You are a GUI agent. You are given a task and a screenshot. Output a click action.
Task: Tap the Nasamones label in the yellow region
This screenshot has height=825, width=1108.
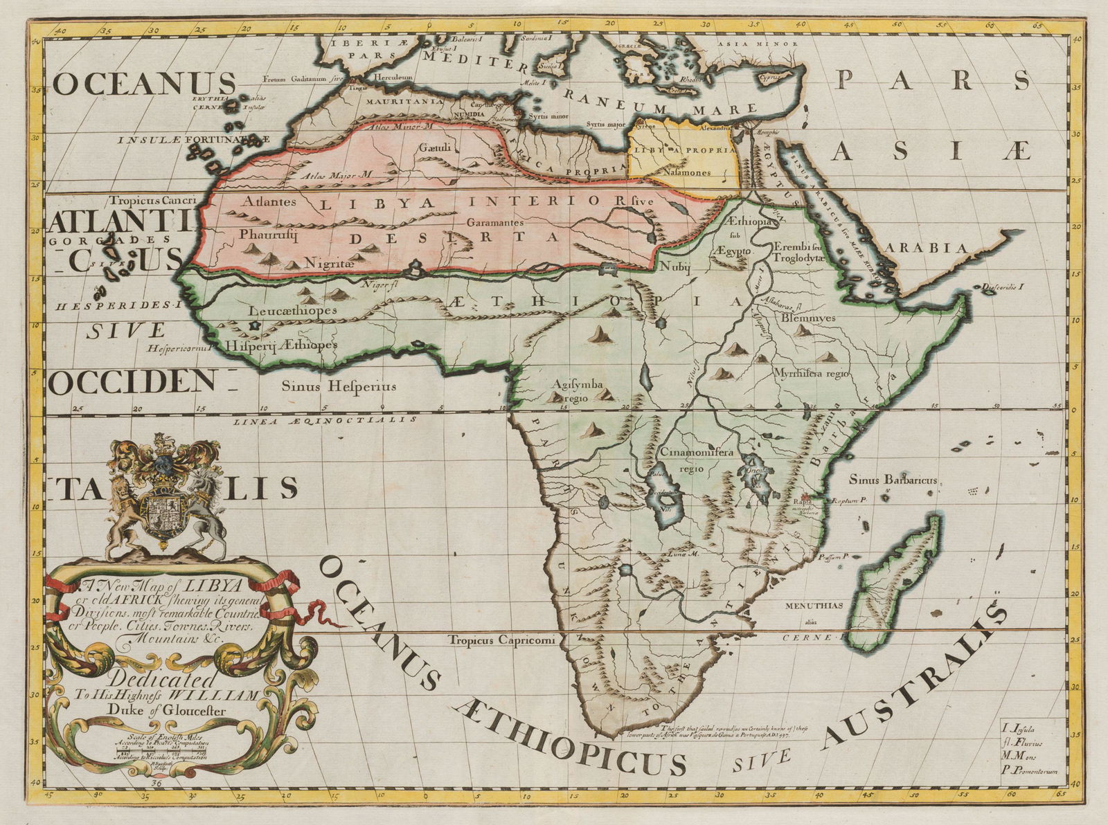pyautogui.click(x=686, y=172)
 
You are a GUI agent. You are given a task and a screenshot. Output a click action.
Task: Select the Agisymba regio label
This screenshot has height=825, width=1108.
pyautogui.click(x=578, y=391)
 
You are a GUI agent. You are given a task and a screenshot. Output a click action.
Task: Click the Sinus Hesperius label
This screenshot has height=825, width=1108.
pyautogui.click(x=338, y=386)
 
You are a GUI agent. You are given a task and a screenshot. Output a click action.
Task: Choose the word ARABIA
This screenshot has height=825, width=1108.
pyautogui.click(x=932, y=248)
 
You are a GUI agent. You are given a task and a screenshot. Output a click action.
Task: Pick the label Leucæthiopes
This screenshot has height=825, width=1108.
pyautogui.click(x=292, y=310)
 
